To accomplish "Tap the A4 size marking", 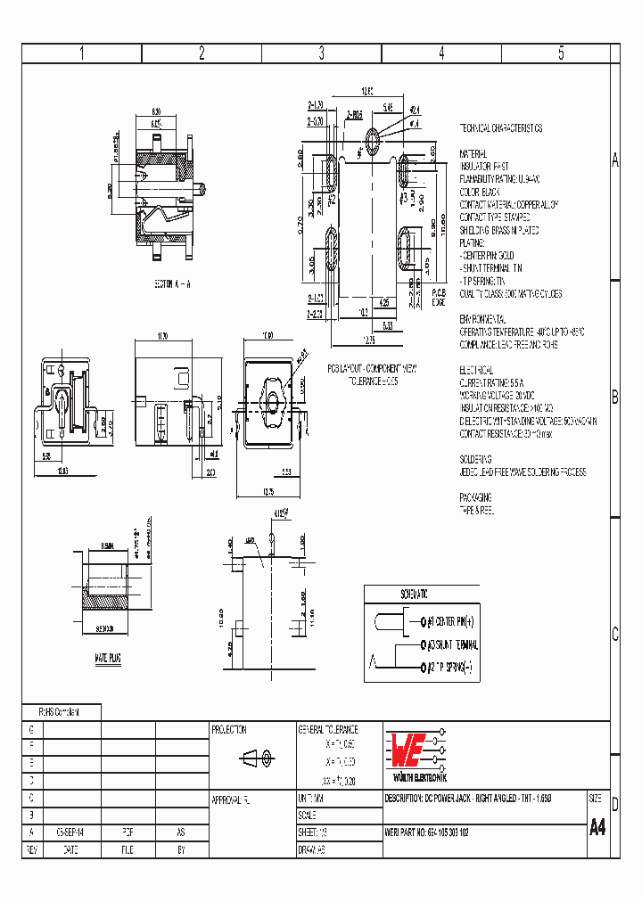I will coord(597,827).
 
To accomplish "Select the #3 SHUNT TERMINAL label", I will coord(453,644).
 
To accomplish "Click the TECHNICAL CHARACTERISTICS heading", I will coord(501,128).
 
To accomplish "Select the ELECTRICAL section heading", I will coord(478,369).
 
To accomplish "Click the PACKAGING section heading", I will coord(476,497).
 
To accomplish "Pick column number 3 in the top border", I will coord(321,53).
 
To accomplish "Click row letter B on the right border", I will coord(614,398).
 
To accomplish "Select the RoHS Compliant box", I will coord(60,712).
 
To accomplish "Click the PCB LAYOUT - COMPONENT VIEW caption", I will coord(372,367).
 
